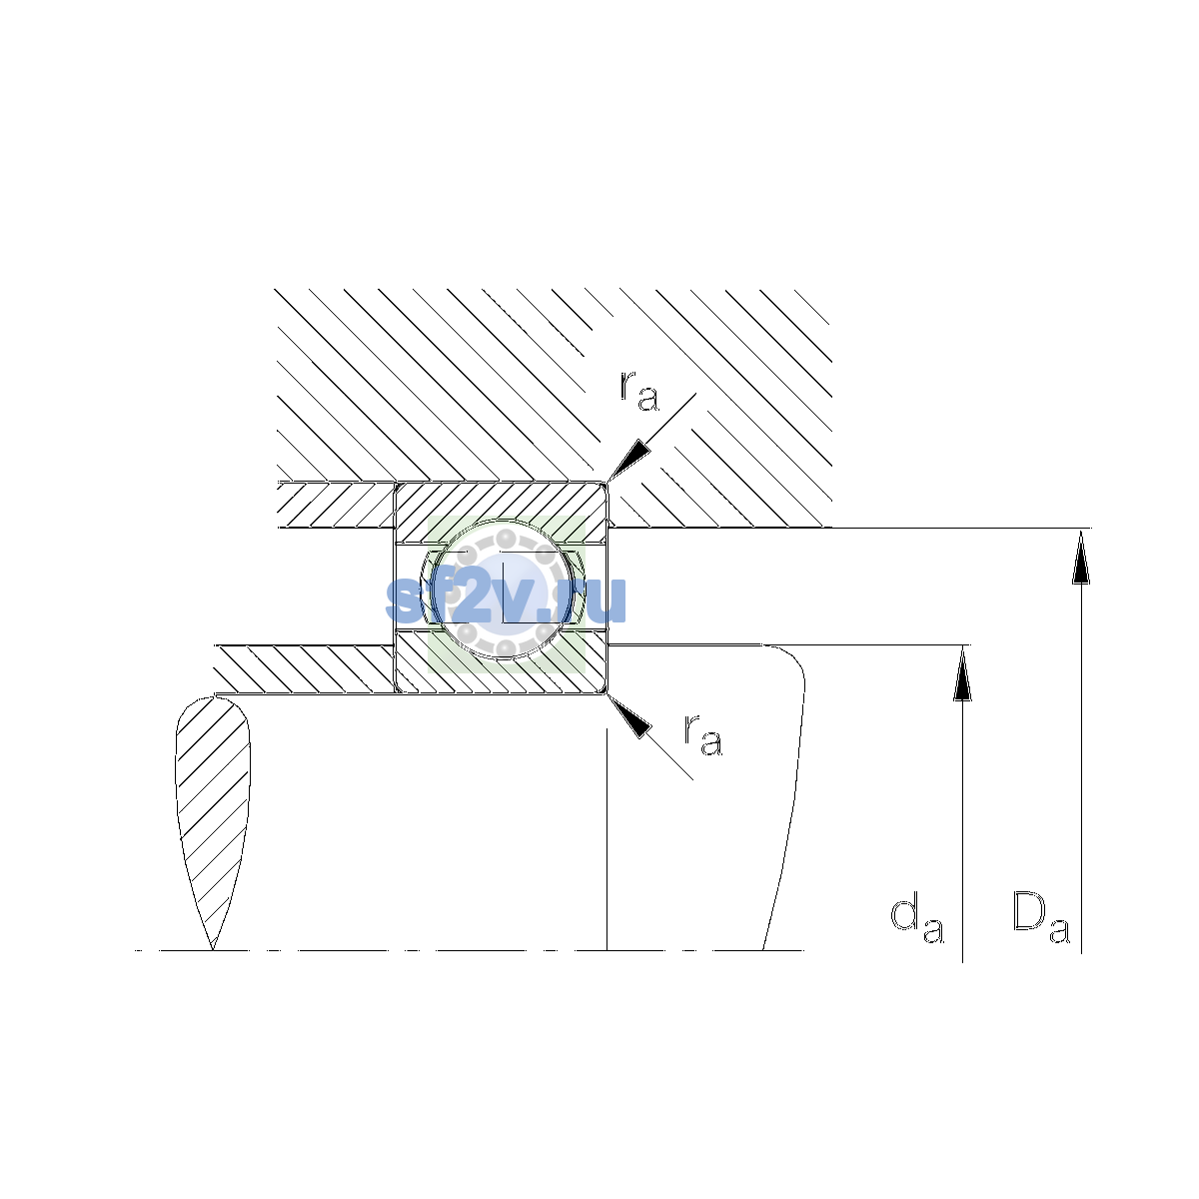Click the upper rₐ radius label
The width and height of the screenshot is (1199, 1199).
click(x=639, y=391)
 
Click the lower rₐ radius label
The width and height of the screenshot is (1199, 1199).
click(x=703, y=735)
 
